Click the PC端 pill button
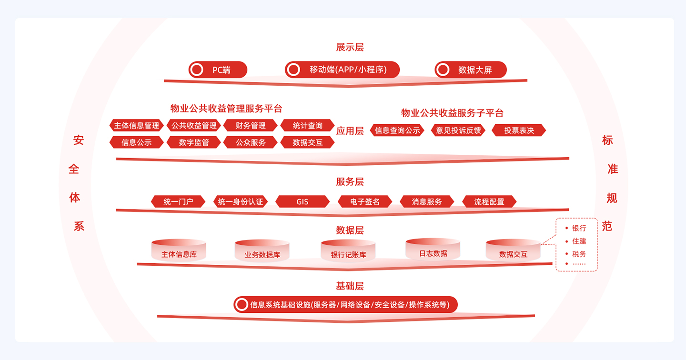tap(218, 70)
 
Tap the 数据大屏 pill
tap(471, 70)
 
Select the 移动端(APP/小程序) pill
tap(342, 70)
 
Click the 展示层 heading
tap(350, 47)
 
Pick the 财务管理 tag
tap(251, 126)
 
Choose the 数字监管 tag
tap(194, 142)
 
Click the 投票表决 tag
tap(519, 130)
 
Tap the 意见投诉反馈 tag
tap(458, 130)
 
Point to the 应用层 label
tap(350, 131)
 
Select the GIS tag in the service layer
tap(303, 202)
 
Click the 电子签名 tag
tap(365, 202)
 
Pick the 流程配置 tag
tap(489, 202)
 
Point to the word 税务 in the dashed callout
tap(579, 254)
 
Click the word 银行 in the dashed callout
tap(579, 229)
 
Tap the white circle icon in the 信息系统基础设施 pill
tap(242, 305)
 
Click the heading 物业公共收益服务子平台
tap(452, 113)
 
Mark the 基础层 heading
tap(350, 286)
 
